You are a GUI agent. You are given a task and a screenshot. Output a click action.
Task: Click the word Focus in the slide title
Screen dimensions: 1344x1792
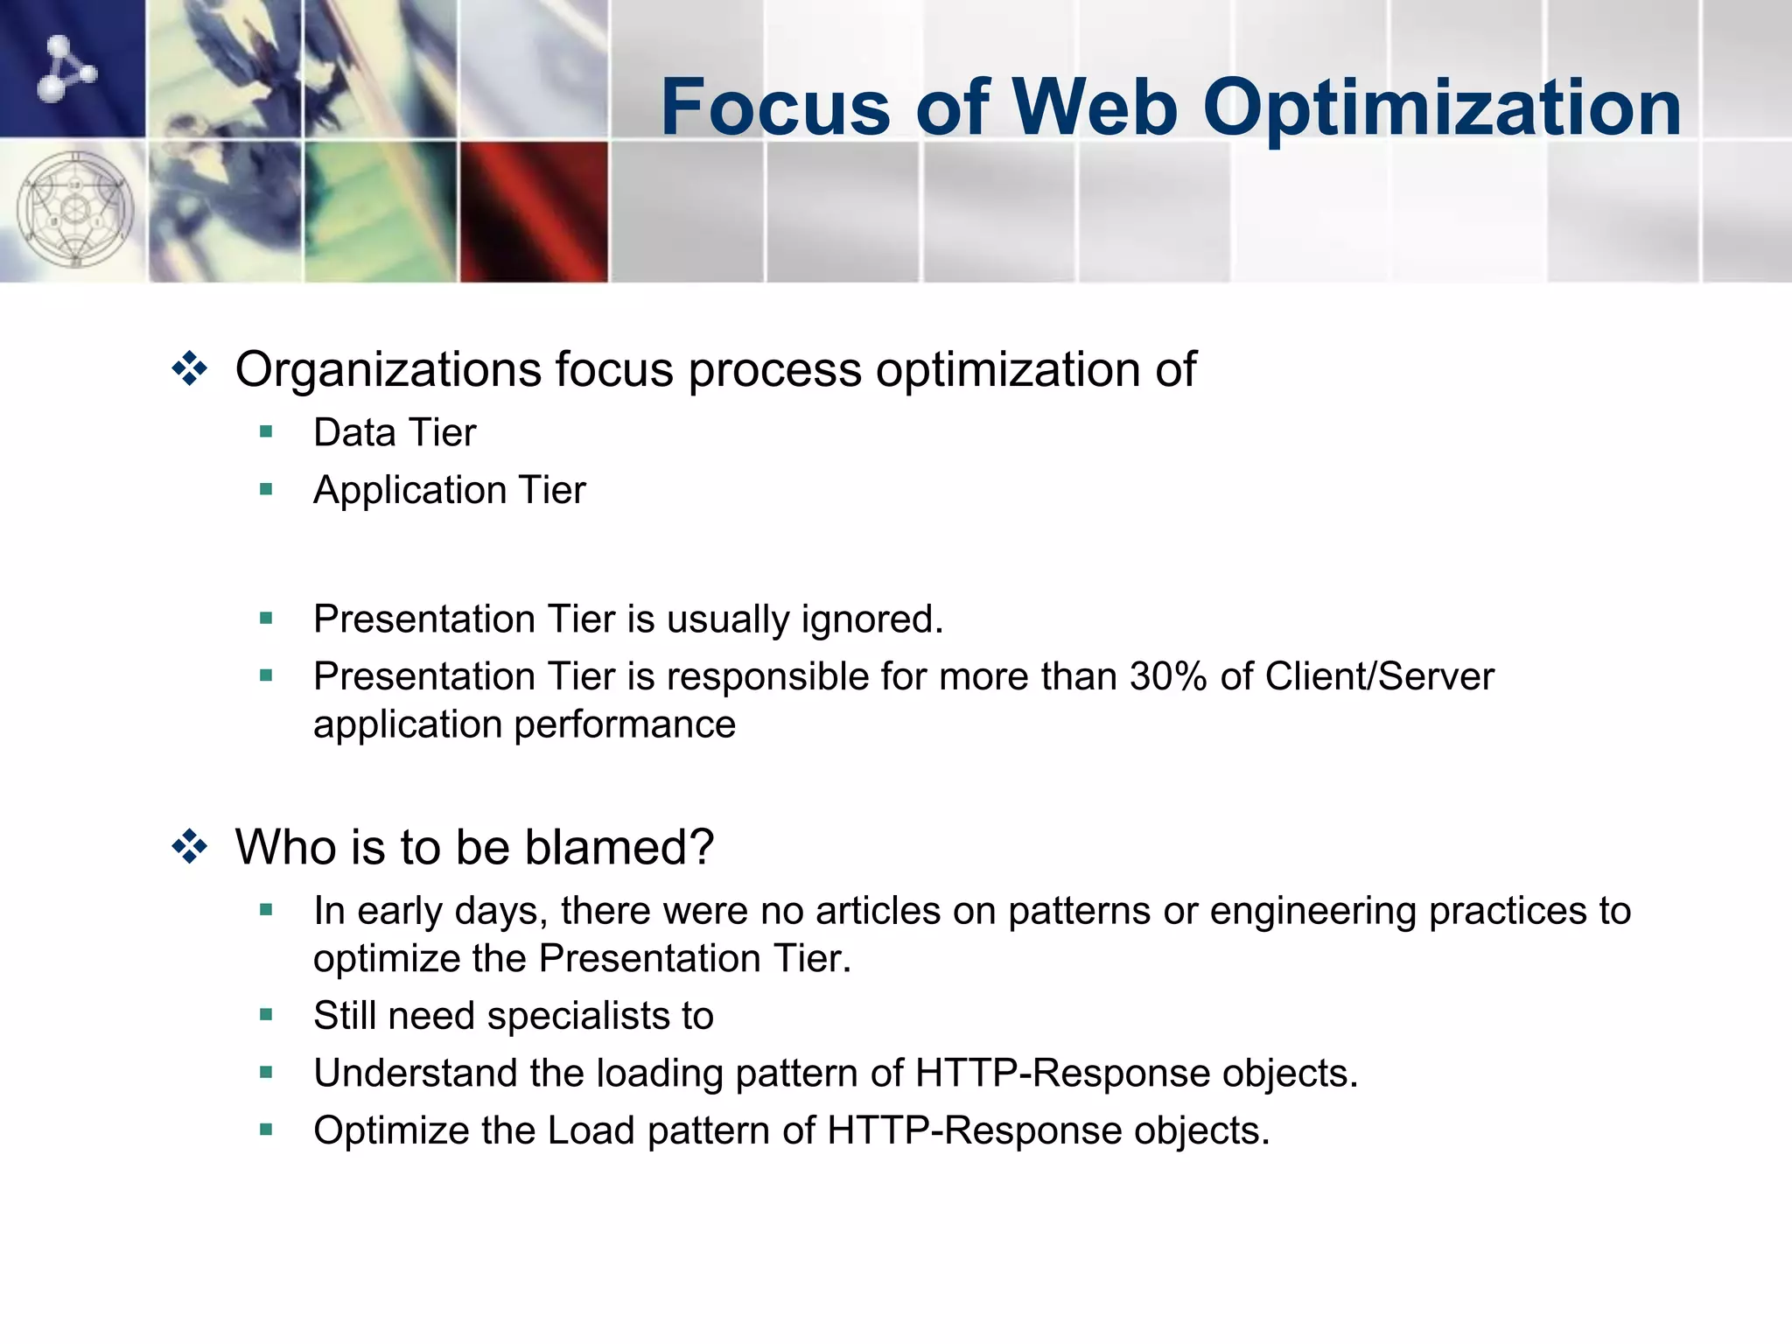coord(775,108)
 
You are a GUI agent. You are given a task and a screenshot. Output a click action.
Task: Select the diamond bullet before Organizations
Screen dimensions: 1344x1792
coord(190,368)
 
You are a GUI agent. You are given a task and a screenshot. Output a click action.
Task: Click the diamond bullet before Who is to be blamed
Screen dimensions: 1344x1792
coord(190,847)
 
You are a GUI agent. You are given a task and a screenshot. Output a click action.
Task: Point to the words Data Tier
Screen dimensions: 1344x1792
coord(395,433)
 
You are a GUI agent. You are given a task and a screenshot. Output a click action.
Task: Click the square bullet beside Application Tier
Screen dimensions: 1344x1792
coord(267,489)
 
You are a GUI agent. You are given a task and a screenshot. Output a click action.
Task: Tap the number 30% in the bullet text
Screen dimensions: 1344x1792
coord(1168,676)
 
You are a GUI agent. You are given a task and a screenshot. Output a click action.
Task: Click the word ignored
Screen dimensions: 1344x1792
coord(871,619)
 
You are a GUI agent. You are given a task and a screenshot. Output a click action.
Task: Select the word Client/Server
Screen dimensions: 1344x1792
coord(1379,676)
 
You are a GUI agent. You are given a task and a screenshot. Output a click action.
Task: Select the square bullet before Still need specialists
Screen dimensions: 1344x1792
coord(267,1015)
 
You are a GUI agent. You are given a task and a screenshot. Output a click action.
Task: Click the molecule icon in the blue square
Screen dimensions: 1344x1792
coord(66,67)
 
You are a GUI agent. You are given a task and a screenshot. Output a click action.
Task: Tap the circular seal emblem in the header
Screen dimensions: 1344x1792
coord(75,210)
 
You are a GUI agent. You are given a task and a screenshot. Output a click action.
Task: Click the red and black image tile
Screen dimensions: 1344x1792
coord(534,212)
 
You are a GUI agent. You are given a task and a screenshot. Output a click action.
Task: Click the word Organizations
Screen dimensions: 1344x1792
coord(388,368)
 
